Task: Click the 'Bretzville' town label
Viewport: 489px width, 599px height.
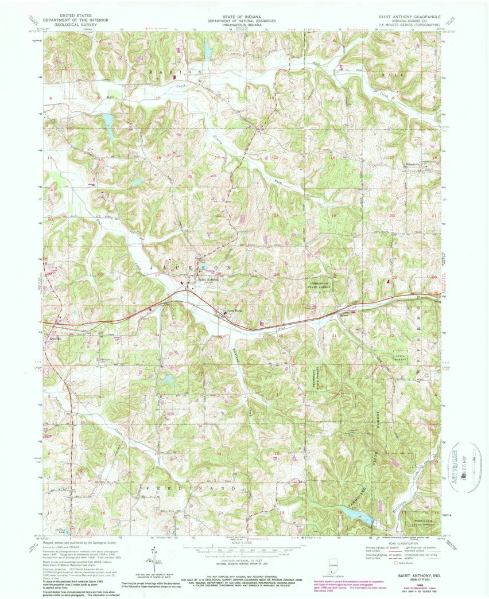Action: click(55, 341)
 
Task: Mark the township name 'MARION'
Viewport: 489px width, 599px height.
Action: click(176, 72)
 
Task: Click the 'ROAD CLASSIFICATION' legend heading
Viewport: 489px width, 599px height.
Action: click(393, 544)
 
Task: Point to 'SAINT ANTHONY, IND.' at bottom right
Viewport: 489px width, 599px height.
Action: click(414, 574)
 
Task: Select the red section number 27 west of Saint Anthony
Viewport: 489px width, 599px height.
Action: click(158, 275)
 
